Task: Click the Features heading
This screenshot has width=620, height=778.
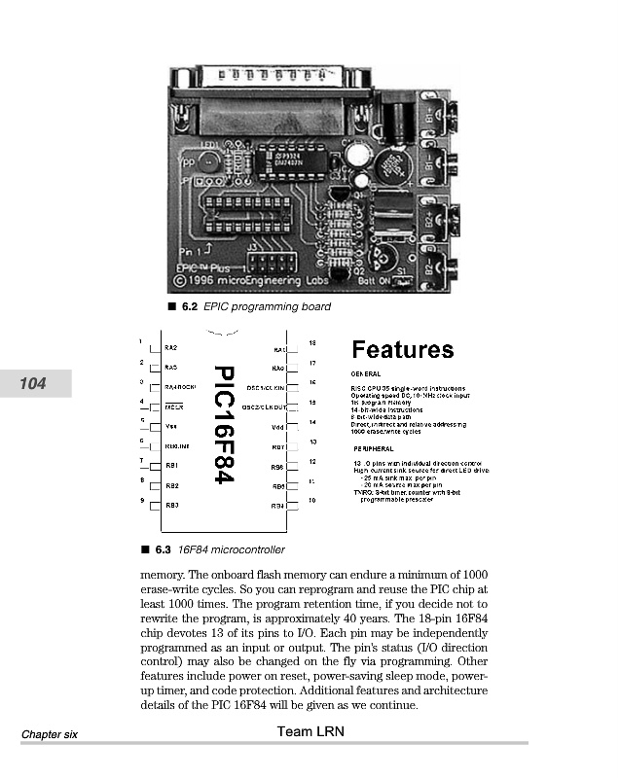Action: (402, 349)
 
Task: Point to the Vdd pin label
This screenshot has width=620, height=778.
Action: (277, 427)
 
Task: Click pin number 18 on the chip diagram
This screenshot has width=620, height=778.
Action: (311, 342)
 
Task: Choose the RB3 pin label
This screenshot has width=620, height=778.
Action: (172, 505)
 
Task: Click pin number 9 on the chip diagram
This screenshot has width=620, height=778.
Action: (142, 500)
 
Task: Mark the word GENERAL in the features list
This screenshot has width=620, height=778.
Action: (365, 373)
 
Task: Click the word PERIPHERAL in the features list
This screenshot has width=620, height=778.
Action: (373, 448)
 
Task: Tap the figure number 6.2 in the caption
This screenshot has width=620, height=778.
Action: (187, 307)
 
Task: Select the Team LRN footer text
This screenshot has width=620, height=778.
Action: (310, 731)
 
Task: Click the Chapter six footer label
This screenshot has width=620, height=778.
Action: (51, 734)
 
